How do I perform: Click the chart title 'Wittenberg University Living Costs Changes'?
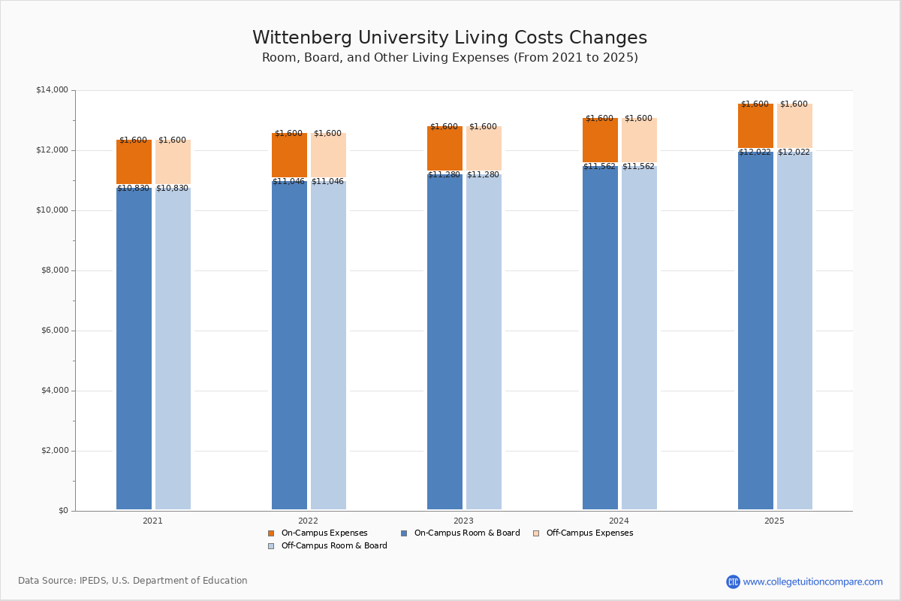(x=449, y=38)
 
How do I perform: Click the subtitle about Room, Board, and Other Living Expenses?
(x=449, y=58)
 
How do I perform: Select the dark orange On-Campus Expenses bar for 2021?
(x=134, y=162)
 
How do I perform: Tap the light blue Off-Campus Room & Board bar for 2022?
(x=328, y=346)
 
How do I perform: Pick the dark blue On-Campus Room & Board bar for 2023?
(x=444, y=342)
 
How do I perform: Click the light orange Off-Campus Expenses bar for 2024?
(x=639, y=140)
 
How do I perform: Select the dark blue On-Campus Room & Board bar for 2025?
(x=755, y=331)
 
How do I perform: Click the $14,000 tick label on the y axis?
(x=52, y=90)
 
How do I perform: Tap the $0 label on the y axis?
(x=62, y=511)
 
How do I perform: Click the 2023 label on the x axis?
(x=463, y=521)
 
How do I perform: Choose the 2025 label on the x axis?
(x=774, y=521)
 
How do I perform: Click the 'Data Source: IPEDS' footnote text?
(x=133, y=581)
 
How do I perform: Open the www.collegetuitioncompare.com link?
(x=812, y=581)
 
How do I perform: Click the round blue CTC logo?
(x=733, y=581)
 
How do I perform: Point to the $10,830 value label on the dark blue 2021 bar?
(x=134, y=189)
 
